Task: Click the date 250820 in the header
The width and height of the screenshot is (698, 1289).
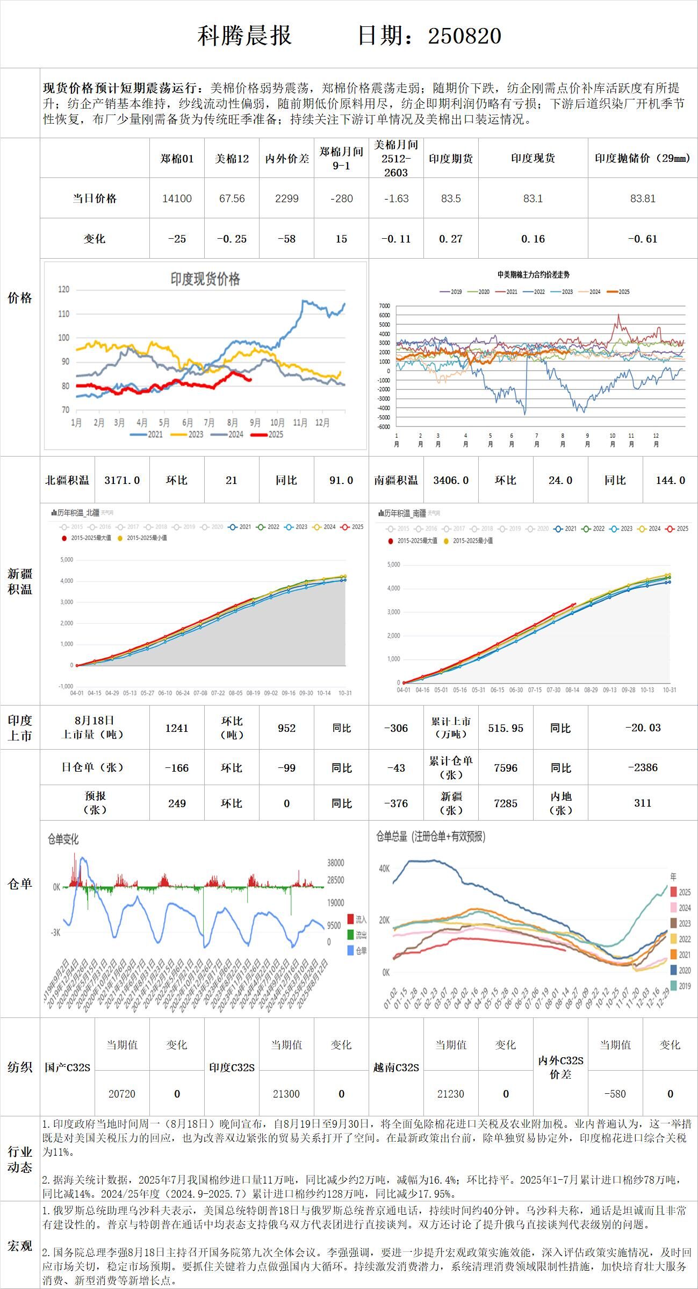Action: [x=464, y=36]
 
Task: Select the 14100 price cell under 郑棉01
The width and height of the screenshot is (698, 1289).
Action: [x=177, y=198]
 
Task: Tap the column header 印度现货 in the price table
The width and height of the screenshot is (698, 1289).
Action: [x=533, y=158]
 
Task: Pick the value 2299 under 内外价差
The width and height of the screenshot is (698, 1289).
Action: [x=286, y=198]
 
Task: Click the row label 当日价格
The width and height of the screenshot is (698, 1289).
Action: [x=95, y=198]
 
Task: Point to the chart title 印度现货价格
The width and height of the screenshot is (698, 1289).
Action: [x=205, y=279]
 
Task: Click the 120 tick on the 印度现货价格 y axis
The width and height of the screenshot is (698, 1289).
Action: [x=64, y=289]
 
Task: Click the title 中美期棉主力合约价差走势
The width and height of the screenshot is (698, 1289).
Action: [x=533, y=275]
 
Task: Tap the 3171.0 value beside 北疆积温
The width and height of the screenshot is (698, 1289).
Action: [x=122, y=480]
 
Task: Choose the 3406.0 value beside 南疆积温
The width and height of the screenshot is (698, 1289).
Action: [x=451, y=480]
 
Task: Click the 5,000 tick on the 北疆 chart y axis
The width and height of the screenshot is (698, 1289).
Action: [x=67, y=560]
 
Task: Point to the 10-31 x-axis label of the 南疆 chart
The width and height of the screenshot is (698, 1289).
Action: [x=669, y=690]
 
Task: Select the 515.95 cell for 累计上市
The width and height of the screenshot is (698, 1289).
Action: [x=506, y=728]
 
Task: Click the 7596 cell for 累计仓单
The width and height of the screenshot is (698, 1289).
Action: [x=506, y=768]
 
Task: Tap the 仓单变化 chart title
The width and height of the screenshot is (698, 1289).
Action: [x=63, y=839]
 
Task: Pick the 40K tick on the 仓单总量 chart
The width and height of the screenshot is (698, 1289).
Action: [x=385, y=868]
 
